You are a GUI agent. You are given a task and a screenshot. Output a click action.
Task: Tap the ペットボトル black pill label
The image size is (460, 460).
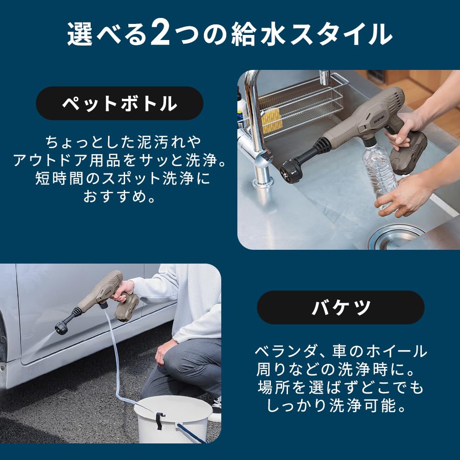(x=120, y=103)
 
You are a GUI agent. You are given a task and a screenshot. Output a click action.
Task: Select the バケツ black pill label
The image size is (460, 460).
(x=340, y=307)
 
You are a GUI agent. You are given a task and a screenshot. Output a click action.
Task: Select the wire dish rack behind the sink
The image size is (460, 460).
(x=299, y=103)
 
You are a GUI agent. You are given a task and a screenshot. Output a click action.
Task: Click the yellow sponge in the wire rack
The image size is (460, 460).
(x=271, y=121)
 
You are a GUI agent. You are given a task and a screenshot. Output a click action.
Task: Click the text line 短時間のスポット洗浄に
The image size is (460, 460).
(x=122, y=178)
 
